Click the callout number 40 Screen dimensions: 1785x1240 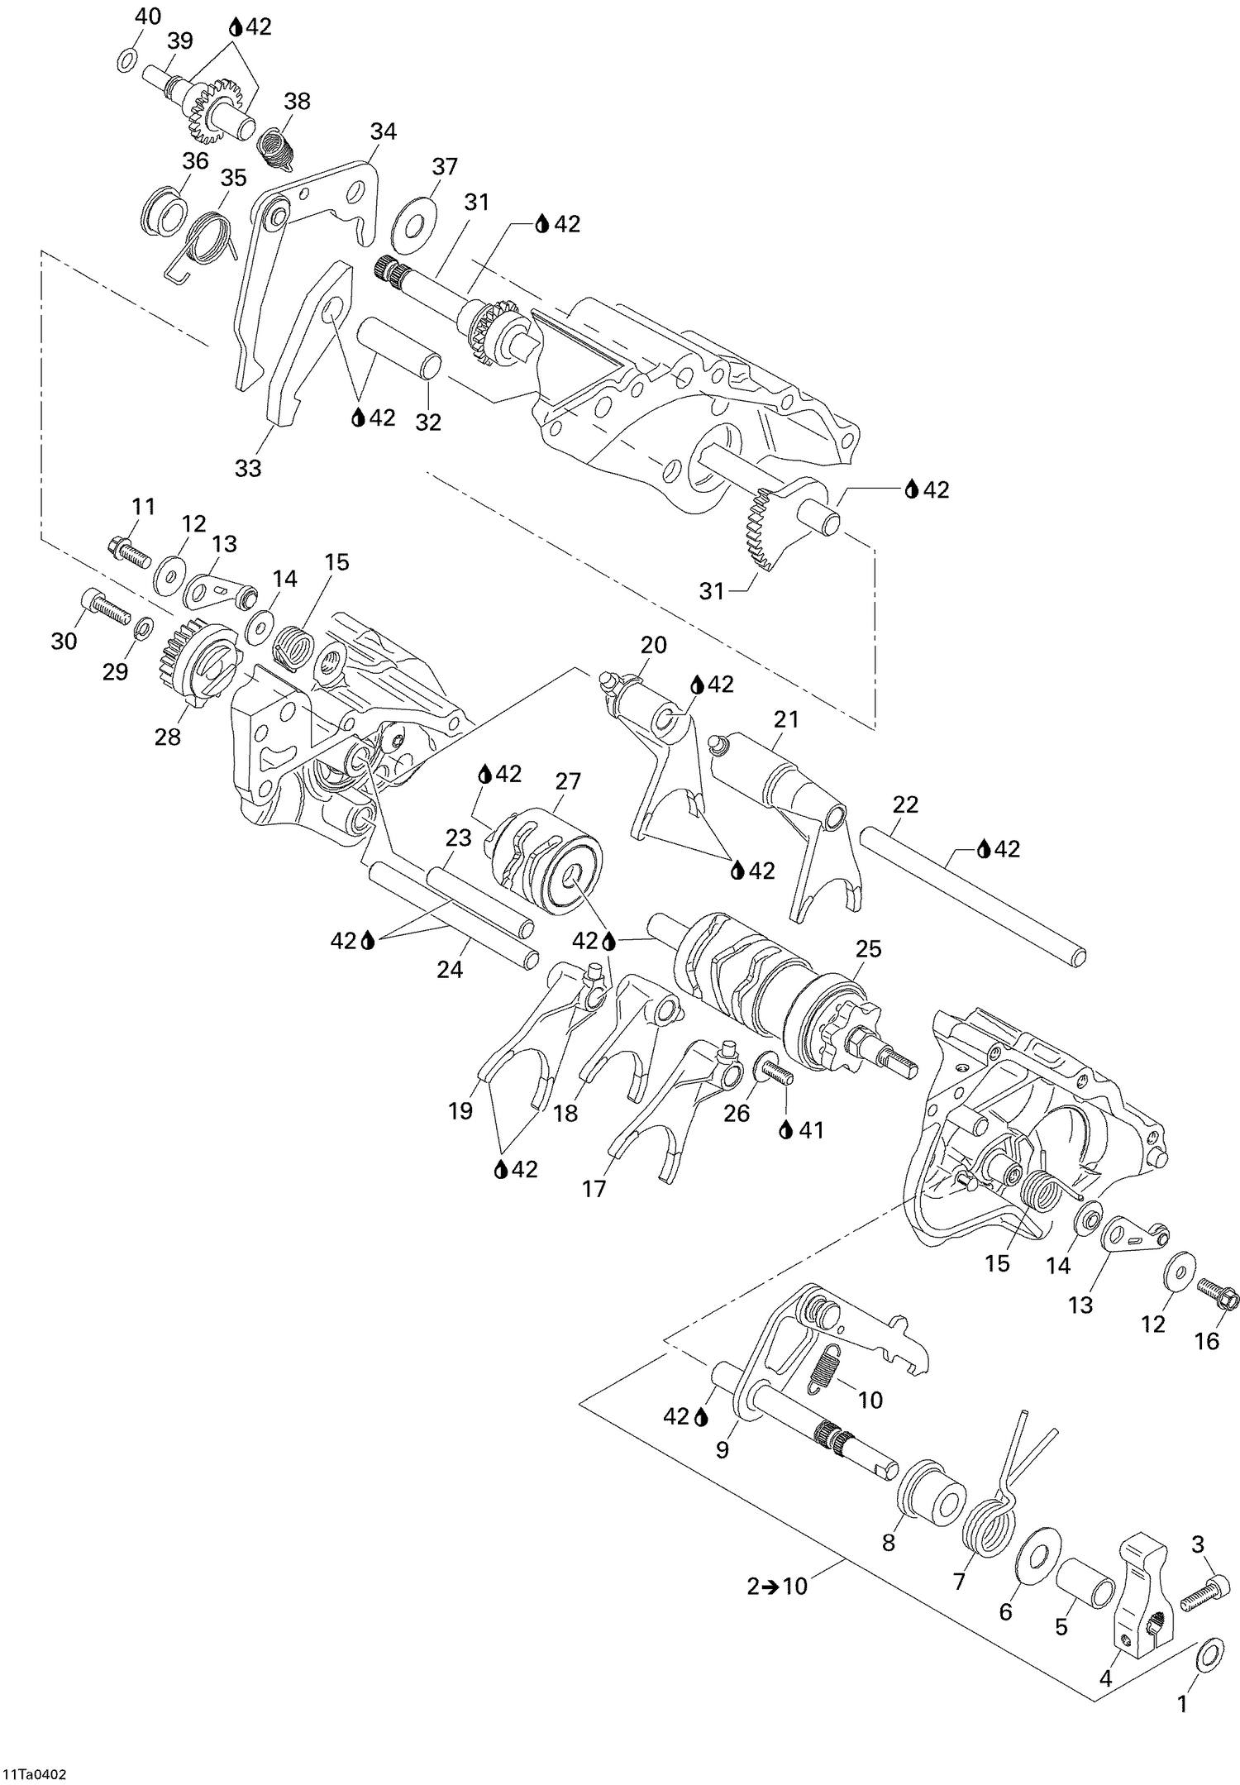149,16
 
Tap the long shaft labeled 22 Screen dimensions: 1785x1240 972,894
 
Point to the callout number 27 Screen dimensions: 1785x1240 568,780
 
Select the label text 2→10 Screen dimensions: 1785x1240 777,1586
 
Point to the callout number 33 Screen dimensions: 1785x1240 248,468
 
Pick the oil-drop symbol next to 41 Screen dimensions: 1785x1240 786,1129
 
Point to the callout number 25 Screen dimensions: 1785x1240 869,948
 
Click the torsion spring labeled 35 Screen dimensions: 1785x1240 207,240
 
